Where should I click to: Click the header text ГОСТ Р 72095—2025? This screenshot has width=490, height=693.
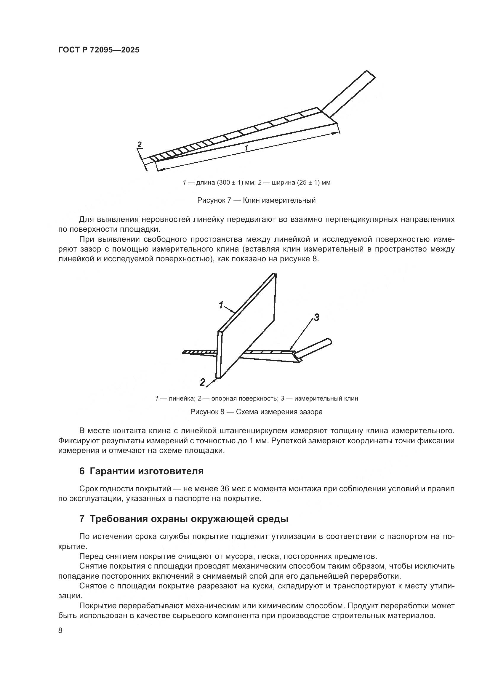pyautogui.click(x=99, y=50)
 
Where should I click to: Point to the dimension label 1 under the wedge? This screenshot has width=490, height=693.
pyautogui.click(x=246, y=148)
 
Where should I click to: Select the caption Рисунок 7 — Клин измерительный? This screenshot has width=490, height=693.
pyautogui.click(x=256, y=200)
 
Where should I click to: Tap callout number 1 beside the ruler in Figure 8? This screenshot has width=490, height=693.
pyautogui.click(x=221, y=305)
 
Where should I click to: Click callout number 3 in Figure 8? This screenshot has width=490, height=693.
pyautogui.click(x=316, y=317)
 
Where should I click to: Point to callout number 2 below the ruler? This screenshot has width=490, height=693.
pyautogui.click(x=202, y=382)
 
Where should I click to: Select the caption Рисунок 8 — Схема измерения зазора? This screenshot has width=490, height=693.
pyautogui.click(x=256, y=412)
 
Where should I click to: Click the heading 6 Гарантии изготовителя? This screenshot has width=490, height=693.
pyautogui.click(x=141, y=471)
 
